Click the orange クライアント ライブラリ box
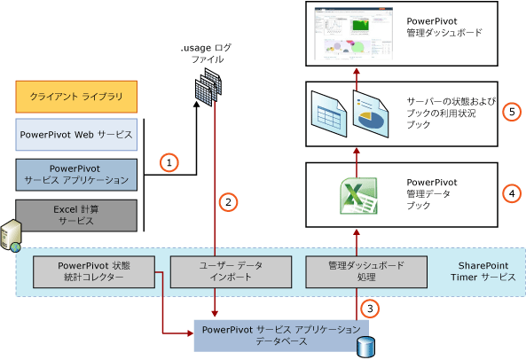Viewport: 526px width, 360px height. point(76,95)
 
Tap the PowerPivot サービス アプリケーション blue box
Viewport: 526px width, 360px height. point(76,174)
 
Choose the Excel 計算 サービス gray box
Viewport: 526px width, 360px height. point(76,214)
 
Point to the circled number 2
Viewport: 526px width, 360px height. point(228,201)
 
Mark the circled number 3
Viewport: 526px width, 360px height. point(372,309)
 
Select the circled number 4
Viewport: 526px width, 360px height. point(509,191)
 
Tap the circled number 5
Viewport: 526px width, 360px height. point(509,112)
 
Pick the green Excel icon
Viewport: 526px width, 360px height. point(356,194)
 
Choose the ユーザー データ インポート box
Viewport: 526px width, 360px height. point(216,271)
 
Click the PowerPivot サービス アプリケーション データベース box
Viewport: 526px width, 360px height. point(278,333)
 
